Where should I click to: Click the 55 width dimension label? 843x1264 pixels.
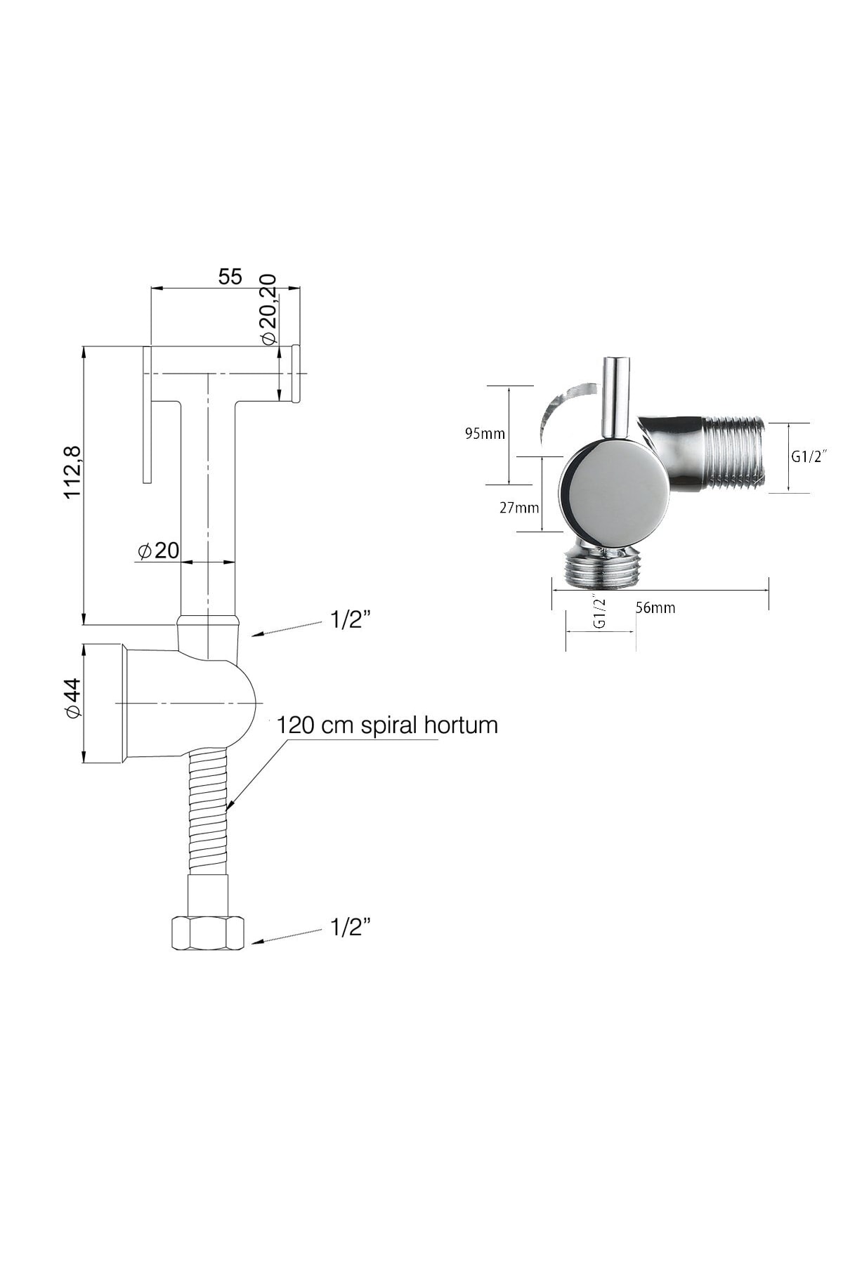tap(230, 277)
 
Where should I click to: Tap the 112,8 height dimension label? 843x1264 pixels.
tap(73, 473)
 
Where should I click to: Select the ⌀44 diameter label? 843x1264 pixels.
tap(73, 698)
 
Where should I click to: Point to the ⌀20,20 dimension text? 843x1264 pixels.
tap(268, 309)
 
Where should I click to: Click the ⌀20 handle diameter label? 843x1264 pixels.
tap(159, 551)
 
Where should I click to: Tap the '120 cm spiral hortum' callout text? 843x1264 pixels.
tap(387, 725)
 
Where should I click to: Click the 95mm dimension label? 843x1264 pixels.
tap(485, 433)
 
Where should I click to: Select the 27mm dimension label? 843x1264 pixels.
tap(519, 507)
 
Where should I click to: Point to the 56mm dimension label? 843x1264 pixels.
tap(655, 608)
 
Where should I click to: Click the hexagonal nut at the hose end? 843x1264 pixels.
tap(208, 933)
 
